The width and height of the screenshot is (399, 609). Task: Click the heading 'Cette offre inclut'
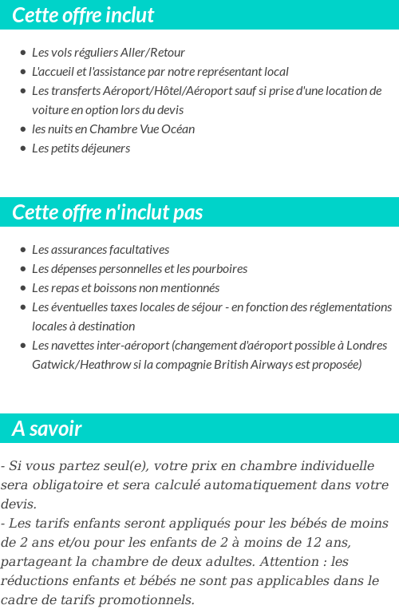[x=84, y=15]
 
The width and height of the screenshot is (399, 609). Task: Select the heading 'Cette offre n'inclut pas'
[x=108, y=212]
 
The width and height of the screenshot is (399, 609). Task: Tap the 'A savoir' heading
[x=47, y=429]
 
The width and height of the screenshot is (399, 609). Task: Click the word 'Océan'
[x=178, y=129]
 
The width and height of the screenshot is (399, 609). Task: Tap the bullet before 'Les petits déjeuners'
[x=22, y=148]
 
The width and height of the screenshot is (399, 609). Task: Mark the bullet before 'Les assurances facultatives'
[x=22, y=250]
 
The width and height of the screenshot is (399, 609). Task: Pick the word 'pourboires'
[x=219, y=269]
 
